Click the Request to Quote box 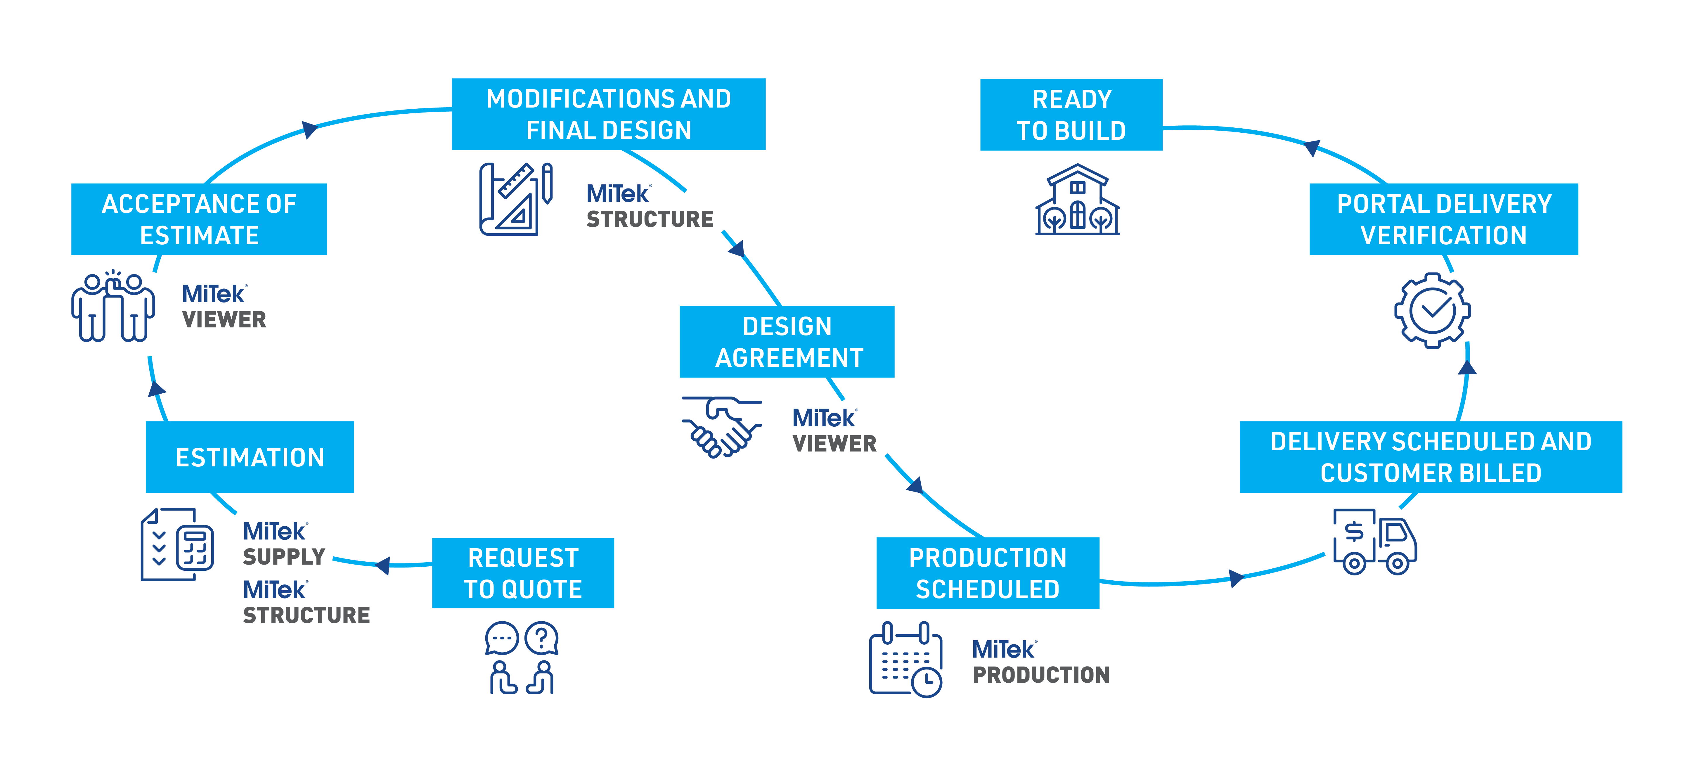point(523,573)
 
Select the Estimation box point(250,457)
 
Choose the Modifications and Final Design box point(608,114)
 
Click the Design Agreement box point(787,342)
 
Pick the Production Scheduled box point(987,573)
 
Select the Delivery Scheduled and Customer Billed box point(1430,457)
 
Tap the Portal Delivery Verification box point(1443,219)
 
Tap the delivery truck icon point(1374,542)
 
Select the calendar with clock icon point(905,660)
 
